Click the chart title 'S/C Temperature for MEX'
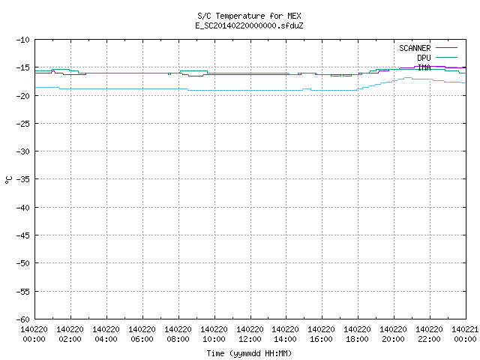click(x=249, y=16)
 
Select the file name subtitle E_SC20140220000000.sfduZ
click(x=249, y=25)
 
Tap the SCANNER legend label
click(x=415, y=48)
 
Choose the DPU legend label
click(x=424, y=58)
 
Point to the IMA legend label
click(x=424, y=67)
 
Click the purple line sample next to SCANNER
click(x=446, y=48)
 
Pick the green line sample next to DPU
click(x=446, y=57)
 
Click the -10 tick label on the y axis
click(x=23, y=40)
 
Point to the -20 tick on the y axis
click(x=23, y=96)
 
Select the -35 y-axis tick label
click(x=23, y=179)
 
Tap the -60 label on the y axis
click(x=23, y=319)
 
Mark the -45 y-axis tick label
click(x=23, y=235)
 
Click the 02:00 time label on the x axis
click(x=70, y=339)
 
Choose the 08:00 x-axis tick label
click(x=178, y=339)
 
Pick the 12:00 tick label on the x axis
click(x=250, y=339)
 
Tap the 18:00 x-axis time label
click(x=357, y=339)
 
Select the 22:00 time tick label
click(x=430, y=339)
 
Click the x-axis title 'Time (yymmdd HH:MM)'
click(x=249, y=353)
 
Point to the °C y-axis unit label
click(x=9, y=180)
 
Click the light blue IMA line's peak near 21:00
click(x=408, y=78)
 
